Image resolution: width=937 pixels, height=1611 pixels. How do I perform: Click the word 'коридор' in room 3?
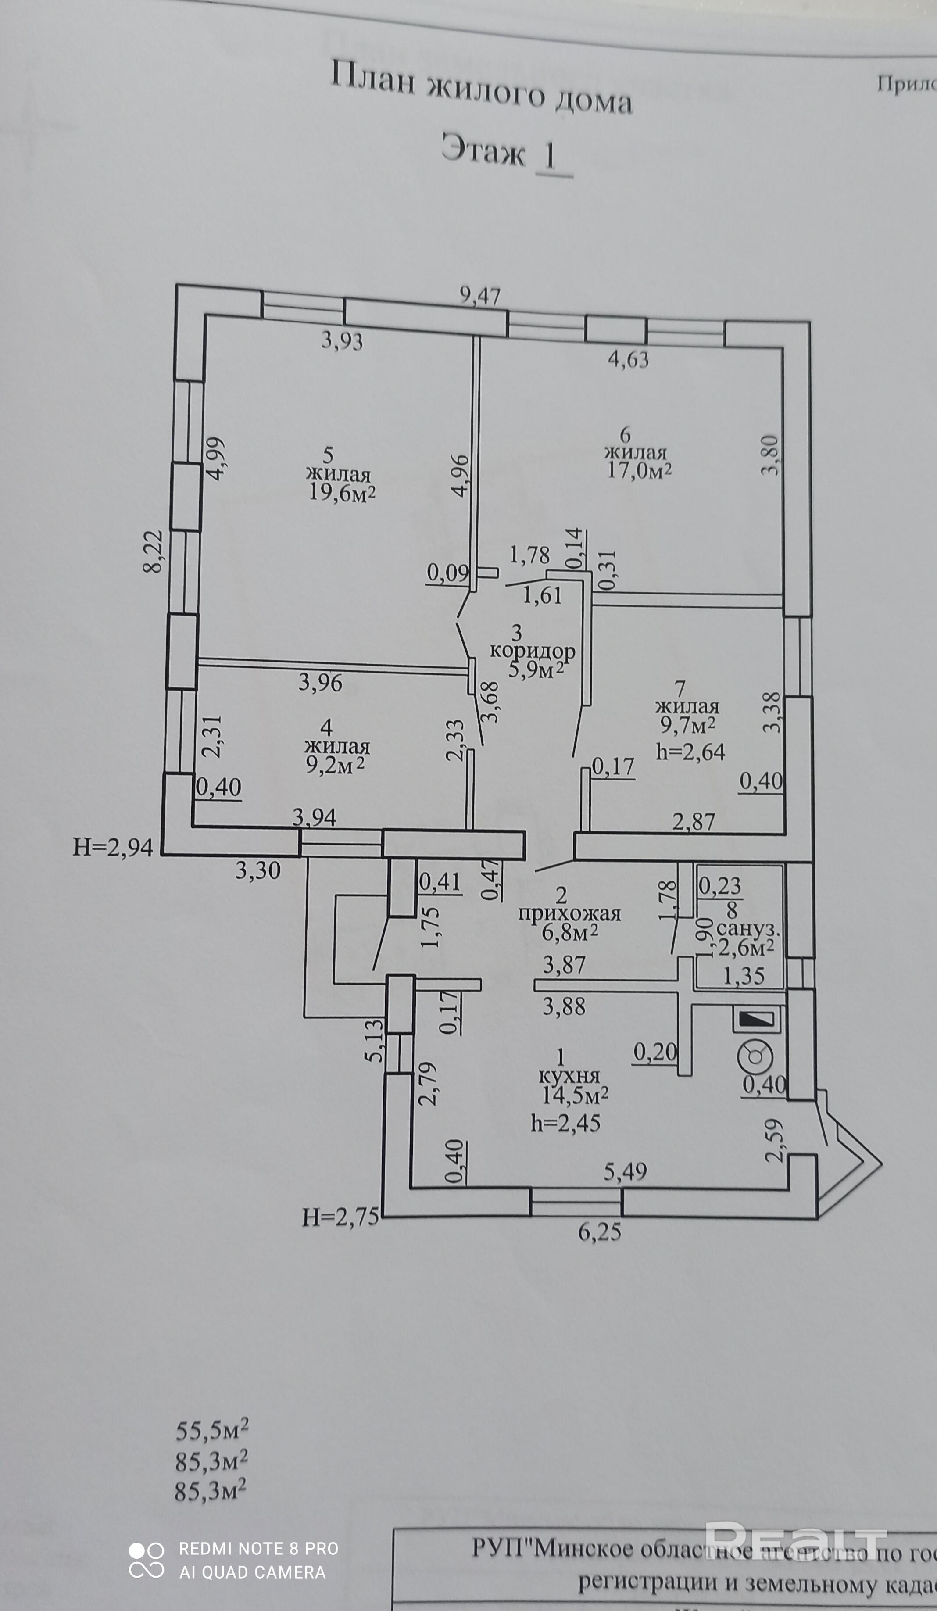[533, 652]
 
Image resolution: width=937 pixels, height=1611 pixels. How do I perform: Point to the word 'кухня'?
[569, 1076]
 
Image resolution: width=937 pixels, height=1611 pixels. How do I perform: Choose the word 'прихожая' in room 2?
[569, 913]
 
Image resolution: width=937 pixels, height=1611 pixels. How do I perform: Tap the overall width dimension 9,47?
[480, 296]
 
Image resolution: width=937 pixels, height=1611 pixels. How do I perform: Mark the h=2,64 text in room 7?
[690, 752]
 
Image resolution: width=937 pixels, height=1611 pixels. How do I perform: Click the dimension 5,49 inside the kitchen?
[625, 1171]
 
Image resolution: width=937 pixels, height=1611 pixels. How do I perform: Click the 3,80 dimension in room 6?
[771, 455]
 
